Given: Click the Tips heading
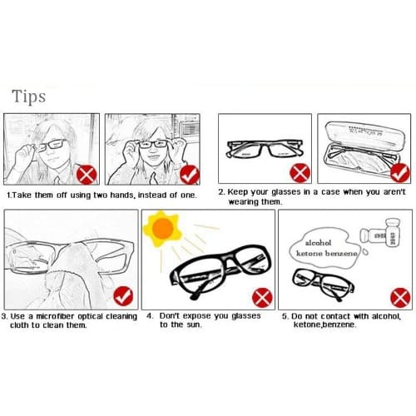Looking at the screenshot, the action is point(29,97).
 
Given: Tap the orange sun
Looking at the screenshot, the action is point(162,229).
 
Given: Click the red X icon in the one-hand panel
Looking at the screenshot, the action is point(87,175).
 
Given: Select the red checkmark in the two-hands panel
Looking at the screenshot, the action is point(190,175).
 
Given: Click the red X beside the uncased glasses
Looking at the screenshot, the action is point(300,173).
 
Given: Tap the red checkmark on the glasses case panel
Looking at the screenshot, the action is point(400,173).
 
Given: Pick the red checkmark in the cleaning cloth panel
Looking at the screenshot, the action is point(123,296).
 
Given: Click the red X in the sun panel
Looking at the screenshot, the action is point(262,298).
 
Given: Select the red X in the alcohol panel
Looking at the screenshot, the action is point(400,298).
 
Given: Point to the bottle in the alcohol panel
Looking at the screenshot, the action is point(380,233).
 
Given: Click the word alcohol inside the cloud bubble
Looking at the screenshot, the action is point(318,243).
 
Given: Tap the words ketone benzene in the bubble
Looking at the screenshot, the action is point(327,254).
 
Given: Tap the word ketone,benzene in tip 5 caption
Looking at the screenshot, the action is point(324,324).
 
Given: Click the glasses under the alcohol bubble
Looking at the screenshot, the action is point(323,284).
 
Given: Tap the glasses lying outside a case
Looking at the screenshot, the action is point(265,149).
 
